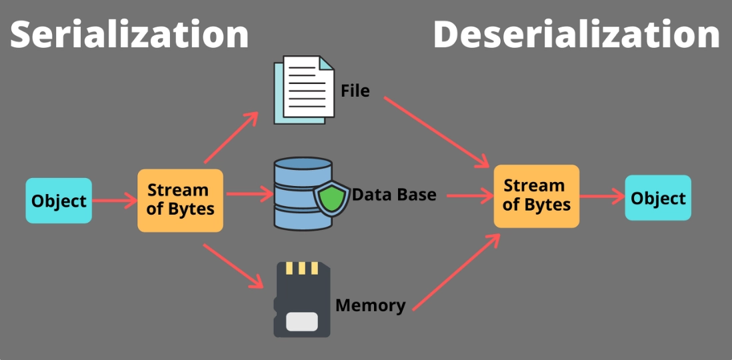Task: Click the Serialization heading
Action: [129, 35]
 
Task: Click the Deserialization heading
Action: [577, 35]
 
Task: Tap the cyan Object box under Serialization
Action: [59, 200]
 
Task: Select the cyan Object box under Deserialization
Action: [658, 197]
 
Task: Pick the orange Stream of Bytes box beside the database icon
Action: [180, 200]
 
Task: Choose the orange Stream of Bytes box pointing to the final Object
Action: [537, 196]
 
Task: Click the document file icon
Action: [304, 89]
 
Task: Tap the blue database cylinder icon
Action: [303, 194]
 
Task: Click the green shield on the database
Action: [331, 198]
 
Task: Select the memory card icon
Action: [301, 299]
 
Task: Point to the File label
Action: [355, 91]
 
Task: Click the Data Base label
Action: [394, 194]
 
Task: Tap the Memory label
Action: [371, 306]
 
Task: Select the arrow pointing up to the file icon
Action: [231, 137]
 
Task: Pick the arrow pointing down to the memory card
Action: [233, 266]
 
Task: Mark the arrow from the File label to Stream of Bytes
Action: [437, 132]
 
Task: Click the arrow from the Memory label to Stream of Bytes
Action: [457, 272]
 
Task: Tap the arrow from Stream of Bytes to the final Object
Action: [602, 197]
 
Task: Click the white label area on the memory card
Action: [302, 322]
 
